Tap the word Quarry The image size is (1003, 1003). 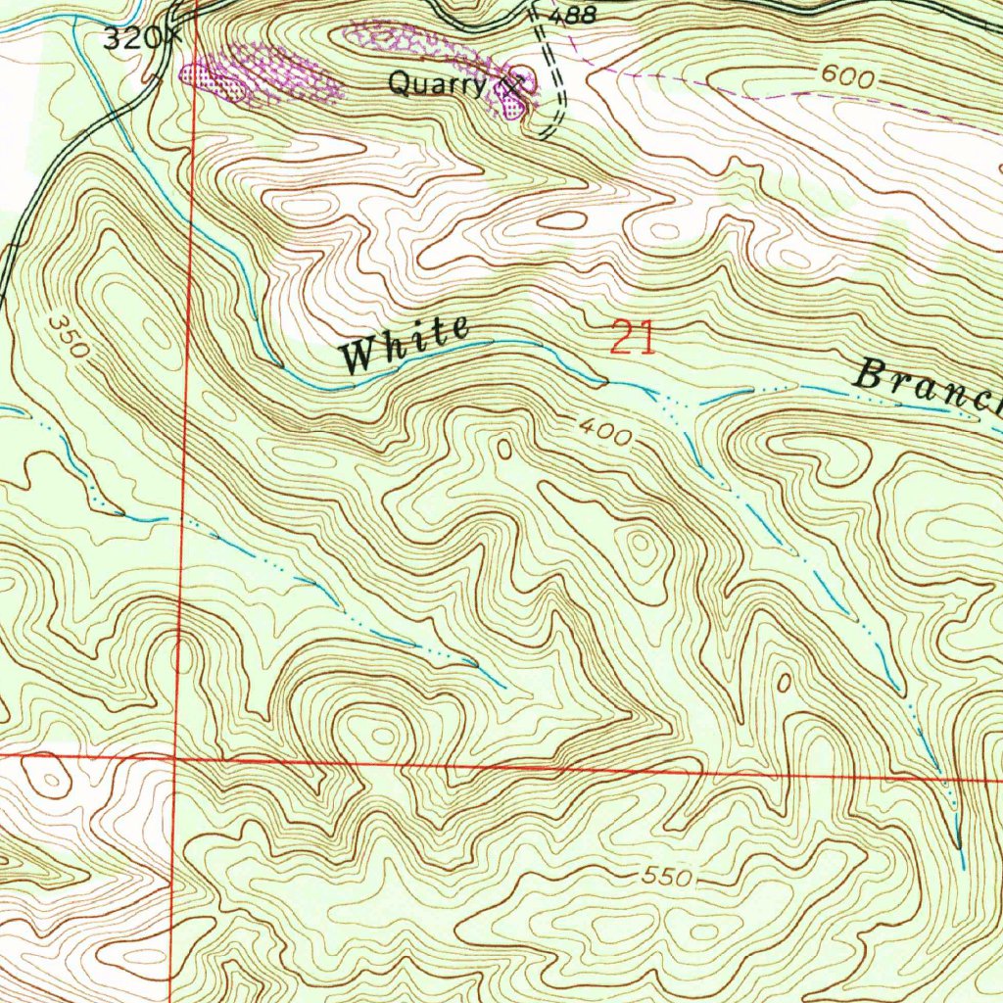tap(437, 84)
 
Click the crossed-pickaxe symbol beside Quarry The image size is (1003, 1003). tap(509, 85)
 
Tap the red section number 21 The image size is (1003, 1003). tap(632, 339)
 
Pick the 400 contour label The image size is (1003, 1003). tap(604, 432)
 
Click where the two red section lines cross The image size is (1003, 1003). tap(173, 757)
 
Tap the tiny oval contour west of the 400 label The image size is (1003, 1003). tap(503, 450)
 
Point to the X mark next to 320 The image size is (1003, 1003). tap(174, 38)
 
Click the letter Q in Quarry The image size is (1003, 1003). tap(398, 84)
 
